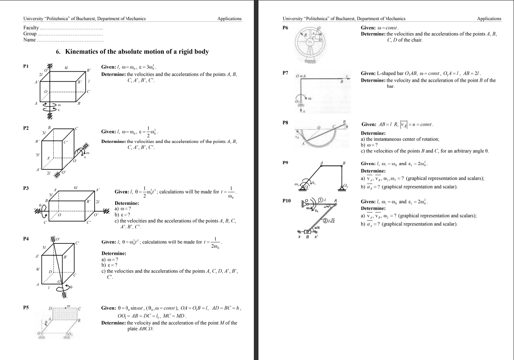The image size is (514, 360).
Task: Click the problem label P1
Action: [x=26, y=66]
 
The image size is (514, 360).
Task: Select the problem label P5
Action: [x=26, y=307]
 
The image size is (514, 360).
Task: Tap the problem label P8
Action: [x=285, y=122]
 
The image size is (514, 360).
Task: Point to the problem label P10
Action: [x=287, y=201]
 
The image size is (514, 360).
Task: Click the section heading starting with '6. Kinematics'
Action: [x=132, y=52]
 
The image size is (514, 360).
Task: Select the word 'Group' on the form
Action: [x=30, y=34]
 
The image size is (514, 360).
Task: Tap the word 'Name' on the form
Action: [x=29, y=40]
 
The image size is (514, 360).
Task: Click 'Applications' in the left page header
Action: [x=229, y=18]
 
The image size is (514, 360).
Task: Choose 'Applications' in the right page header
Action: [x=489, y=18]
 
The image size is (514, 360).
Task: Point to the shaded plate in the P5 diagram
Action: [x=64, y=314]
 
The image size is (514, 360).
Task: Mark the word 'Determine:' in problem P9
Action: [x=373, y=171]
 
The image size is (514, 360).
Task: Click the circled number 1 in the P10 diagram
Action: [x=321, y=200]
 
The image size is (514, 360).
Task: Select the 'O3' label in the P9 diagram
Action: [x=346, y=186]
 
